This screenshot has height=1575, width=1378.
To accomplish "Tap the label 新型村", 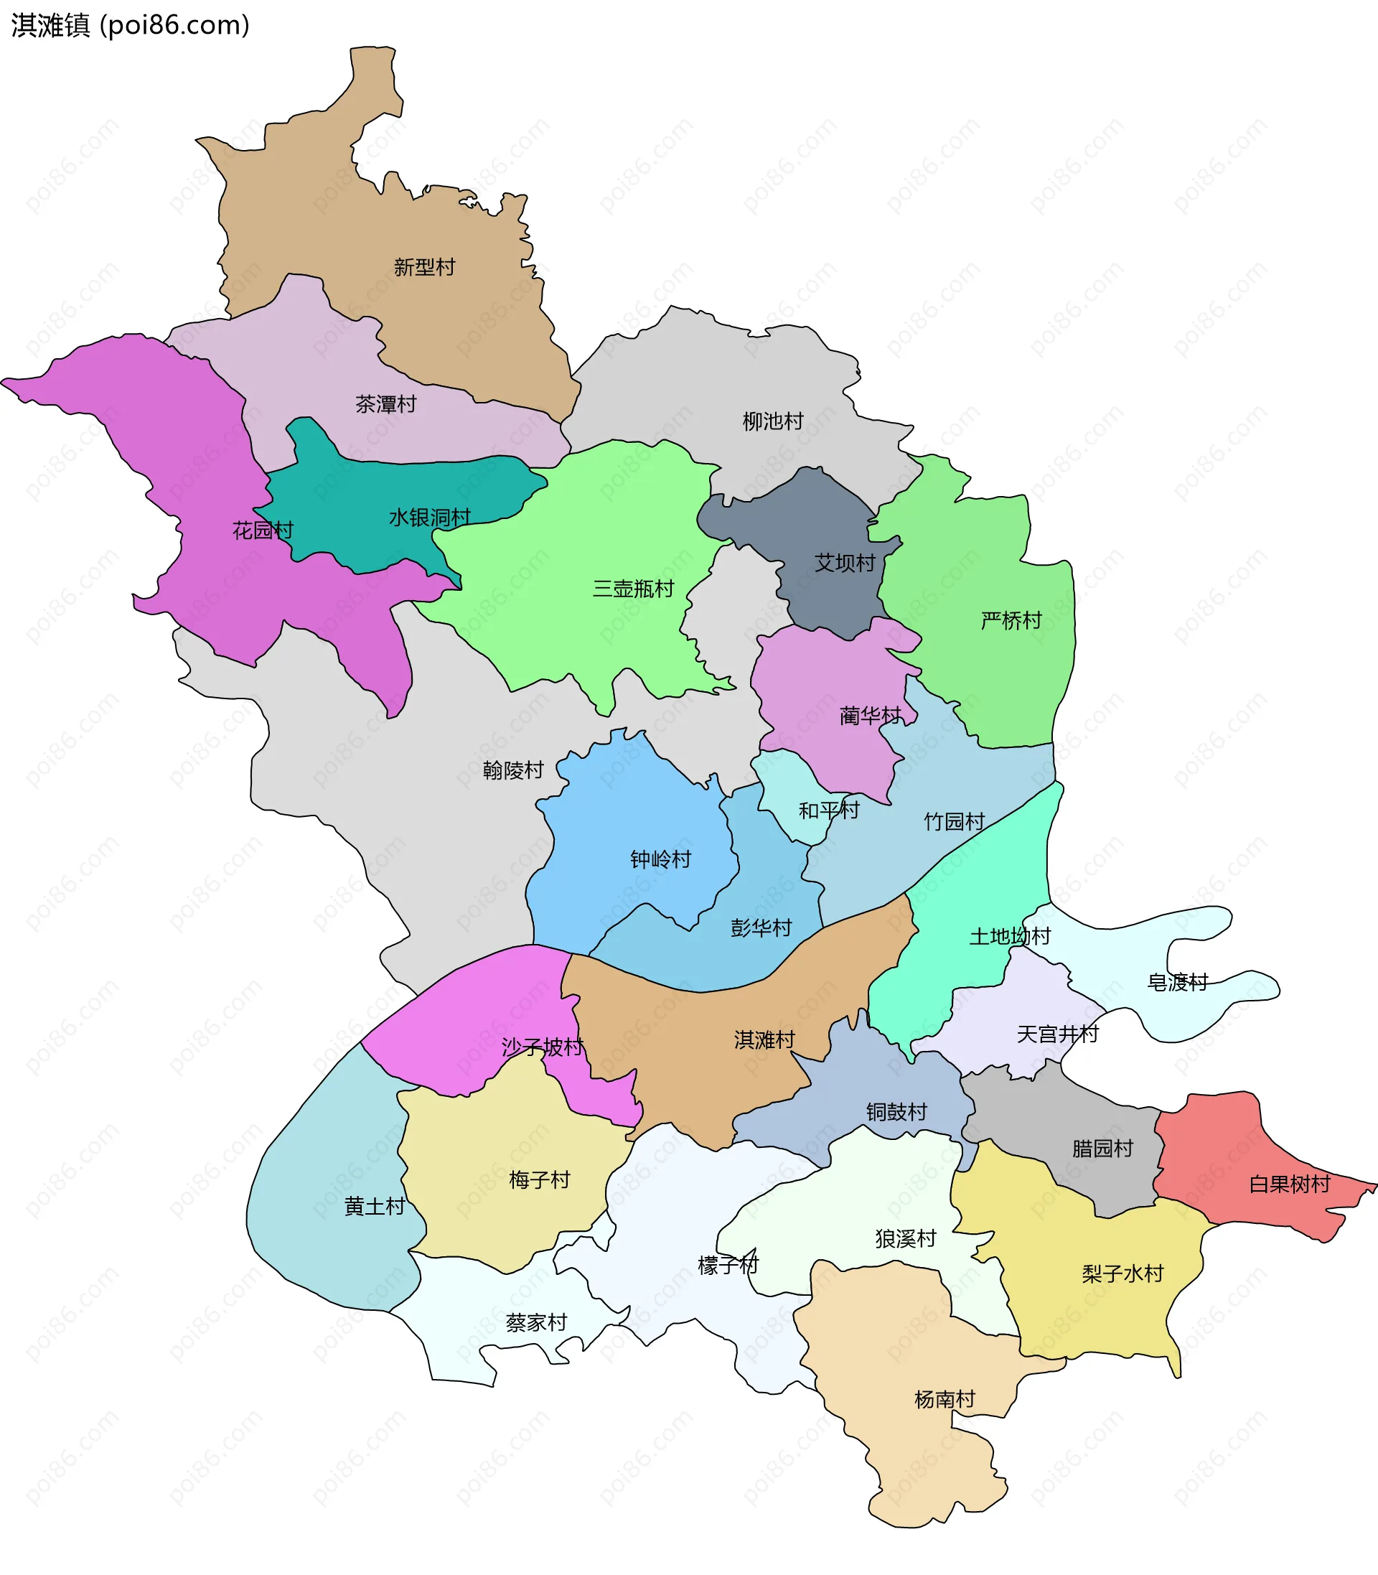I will pyautogui.click(x=424, y=267).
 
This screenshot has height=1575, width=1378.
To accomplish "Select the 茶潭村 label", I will pyautogui.click(x=386, y=404).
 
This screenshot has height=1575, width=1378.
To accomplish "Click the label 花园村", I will pyautogui.click(x=263, y=530).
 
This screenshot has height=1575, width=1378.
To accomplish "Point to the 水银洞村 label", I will pyautogui.click(x=430, y=518).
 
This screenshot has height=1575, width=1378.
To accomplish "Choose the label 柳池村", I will pyautogui.click(x=773, y=421).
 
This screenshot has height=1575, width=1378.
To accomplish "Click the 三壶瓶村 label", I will pyautogui.click(x=633, y=589).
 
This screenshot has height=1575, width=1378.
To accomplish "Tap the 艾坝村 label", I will pyautogui.click(x=845, y=563).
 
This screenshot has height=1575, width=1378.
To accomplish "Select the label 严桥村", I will pyautogui.click(x=1011, y=621).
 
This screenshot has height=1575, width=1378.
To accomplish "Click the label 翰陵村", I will pyautogui.click(x=513, y=770).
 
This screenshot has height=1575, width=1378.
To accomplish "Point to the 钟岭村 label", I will pyautogui.click(x=660, y=859).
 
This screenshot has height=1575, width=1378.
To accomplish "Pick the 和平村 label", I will pyautogui.click(x=829, y=810).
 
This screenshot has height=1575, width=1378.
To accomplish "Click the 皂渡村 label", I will pyautogui.click(x=1178, y=982).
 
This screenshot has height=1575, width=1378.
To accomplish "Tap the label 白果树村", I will pyautogui.click(x=1290, y=1184).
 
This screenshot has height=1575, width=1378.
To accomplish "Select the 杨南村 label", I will pyautogui.click(x=945, y=1400).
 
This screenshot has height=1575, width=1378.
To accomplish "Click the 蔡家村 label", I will pyautogui.click(x=537, y=1323).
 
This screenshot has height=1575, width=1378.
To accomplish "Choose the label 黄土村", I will pyautogui.click(x=375, y=1207).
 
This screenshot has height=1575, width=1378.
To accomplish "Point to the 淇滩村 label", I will pyautogui.click(x=764, y=1040).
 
